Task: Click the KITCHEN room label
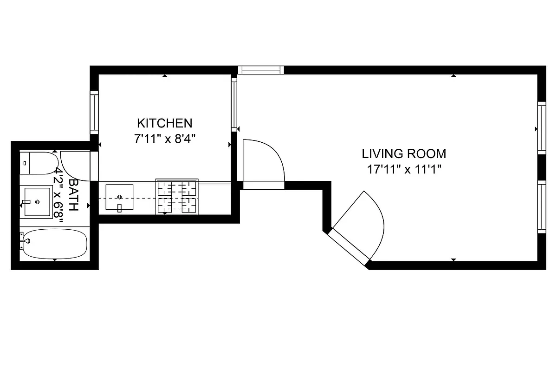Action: click(164, 123)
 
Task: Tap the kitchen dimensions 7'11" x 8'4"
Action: click(164, 139)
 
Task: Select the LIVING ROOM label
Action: click(404, 153)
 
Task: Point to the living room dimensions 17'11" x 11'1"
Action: click(404, 169)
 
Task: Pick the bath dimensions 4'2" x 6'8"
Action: click(59, 195)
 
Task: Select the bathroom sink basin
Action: click(37, 202)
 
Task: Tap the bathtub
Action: click(54, 244)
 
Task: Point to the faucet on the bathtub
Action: click(26, 241)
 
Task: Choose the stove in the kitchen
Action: click(177, 197)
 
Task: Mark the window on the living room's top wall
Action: click(260, 70)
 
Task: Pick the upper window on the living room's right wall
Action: click(541, 128)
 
